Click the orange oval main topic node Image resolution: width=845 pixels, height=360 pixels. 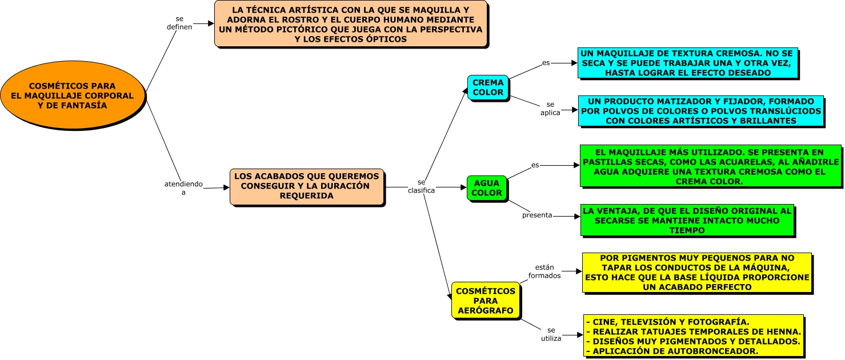coord(73,95)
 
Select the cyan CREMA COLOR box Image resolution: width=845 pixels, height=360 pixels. coord(488,87)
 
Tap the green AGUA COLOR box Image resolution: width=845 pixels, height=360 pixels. coord(487,188)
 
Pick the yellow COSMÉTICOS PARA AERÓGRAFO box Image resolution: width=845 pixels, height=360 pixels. coord(486,301)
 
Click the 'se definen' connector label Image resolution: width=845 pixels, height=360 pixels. coord(179,23)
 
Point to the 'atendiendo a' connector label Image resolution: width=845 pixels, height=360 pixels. coord(184,188)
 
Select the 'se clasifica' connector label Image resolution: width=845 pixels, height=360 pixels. coord(422,186)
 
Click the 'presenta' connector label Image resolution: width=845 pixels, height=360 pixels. coord(537,215)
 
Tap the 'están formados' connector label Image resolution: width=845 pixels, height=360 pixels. coord(544,271)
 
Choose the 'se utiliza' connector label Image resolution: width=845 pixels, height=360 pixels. coord(551,334)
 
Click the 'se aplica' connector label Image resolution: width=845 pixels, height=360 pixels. coord(550,109)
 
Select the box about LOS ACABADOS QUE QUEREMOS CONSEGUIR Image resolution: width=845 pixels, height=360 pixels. coord(307,187)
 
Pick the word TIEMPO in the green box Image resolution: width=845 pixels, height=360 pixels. coord(687,230)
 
